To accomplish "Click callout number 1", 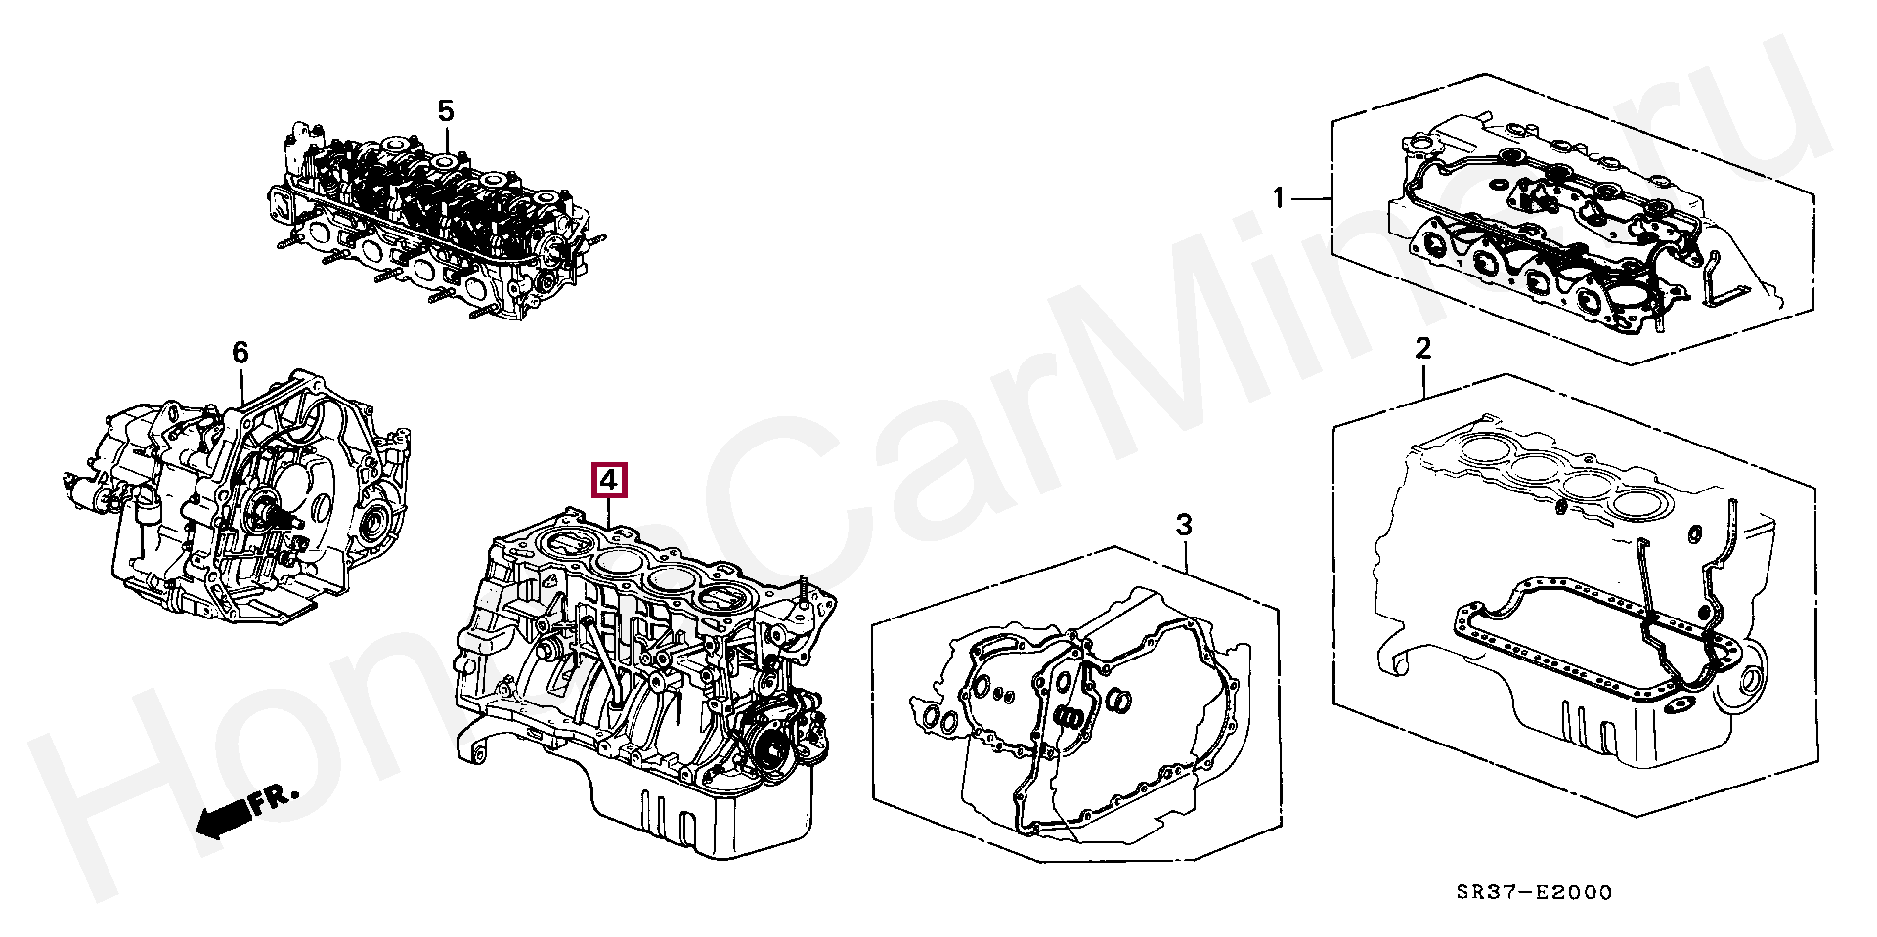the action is coord(1278,198).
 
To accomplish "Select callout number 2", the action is coord(1423,348).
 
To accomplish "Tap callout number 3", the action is coord(1184,526).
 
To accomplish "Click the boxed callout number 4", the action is coord(608,481).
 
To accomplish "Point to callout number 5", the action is coord(445,110).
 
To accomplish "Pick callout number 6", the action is coord(240,352).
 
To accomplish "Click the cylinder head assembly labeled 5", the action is coord(430,225).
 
